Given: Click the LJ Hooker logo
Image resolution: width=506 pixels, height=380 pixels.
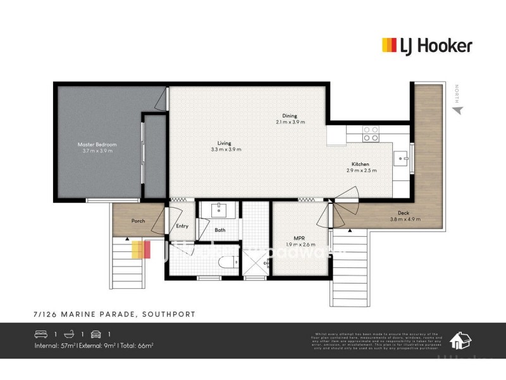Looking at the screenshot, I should pyautogui.click(x=427, y=45).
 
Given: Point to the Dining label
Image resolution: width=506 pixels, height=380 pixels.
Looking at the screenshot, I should pyautogui.click(x=289, y=116).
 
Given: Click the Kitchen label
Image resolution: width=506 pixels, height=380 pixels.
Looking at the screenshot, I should pyautogui.click(x=361, y=164).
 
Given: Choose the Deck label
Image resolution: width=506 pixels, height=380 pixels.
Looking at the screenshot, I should pyautogui.click(x=405, y=213).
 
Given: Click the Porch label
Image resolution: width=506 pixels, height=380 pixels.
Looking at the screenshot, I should pyautogui.click(x=138, y=221).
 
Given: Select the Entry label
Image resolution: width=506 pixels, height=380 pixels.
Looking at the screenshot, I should pyautogui.click(x=182, y=226).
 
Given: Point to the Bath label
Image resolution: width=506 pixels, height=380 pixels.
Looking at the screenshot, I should pyautogui.click(x=219, y=231).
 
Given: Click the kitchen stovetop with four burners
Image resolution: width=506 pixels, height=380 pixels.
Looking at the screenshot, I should pyautogui.click(x=371, y=134).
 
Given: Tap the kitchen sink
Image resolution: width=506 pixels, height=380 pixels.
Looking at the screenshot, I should pyautogui.click(x=402, y=155).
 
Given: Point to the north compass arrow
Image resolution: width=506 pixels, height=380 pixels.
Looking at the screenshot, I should pyautogui.click(x=457, y=110).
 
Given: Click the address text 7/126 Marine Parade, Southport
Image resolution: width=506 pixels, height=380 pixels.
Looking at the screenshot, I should pyautogui.click(x=114, y=314).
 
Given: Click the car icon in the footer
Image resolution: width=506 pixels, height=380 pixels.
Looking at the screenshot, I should pyautogui.click(x=96, y=334).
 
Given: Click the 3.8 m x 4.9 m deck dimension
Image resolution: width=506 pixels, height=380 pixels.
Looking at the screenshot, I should pyautogui.click(x=405, y=219).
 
